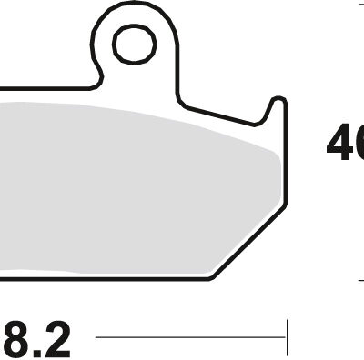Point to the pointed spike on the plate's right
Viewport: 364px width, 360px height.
tap(272, 101)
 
